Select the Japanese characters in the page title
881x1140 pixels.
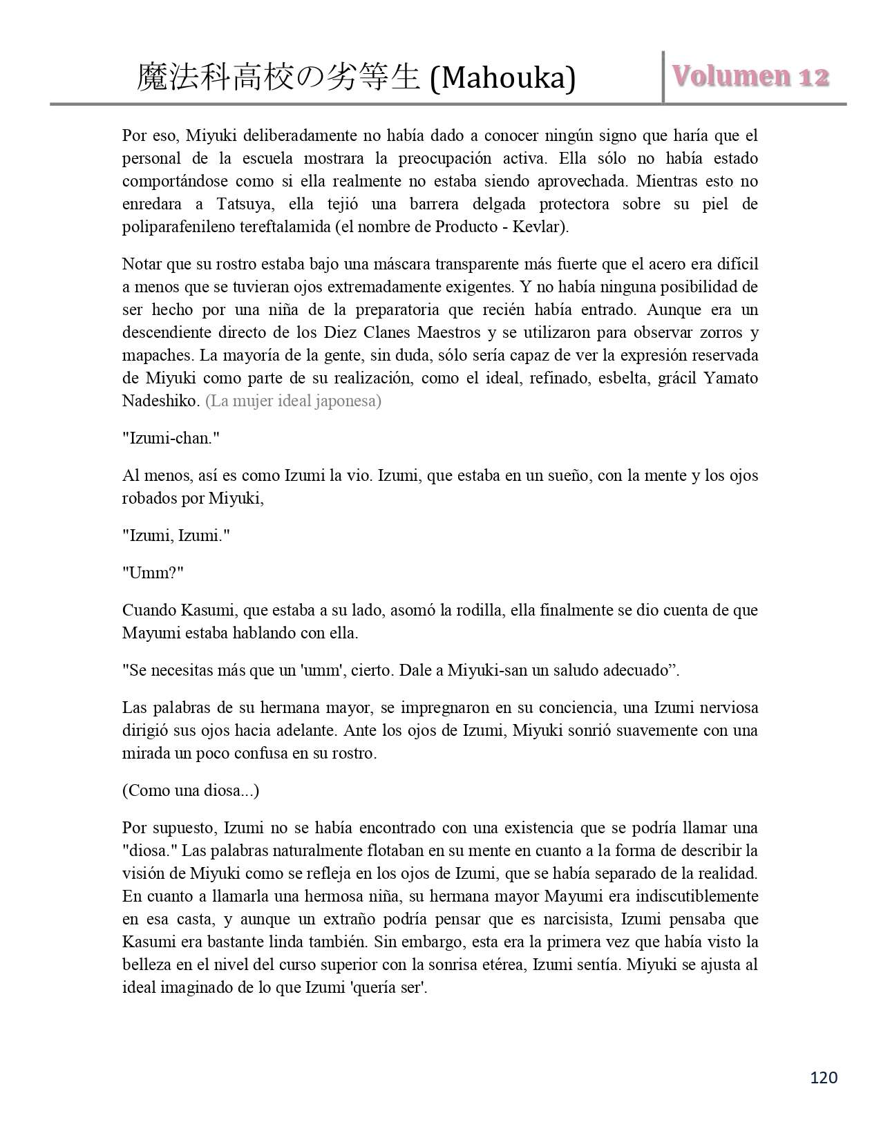pos(278,77)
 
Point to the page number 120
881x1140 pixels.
pos(824,1077)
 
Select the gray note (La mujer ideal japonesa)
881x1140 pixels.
pos(293,401)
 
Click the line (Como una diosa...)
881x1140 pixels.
pos(191,790)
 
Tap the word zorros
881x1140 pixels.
pos(719,332)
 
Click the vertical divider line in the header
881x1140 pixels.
pos(664,77)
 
